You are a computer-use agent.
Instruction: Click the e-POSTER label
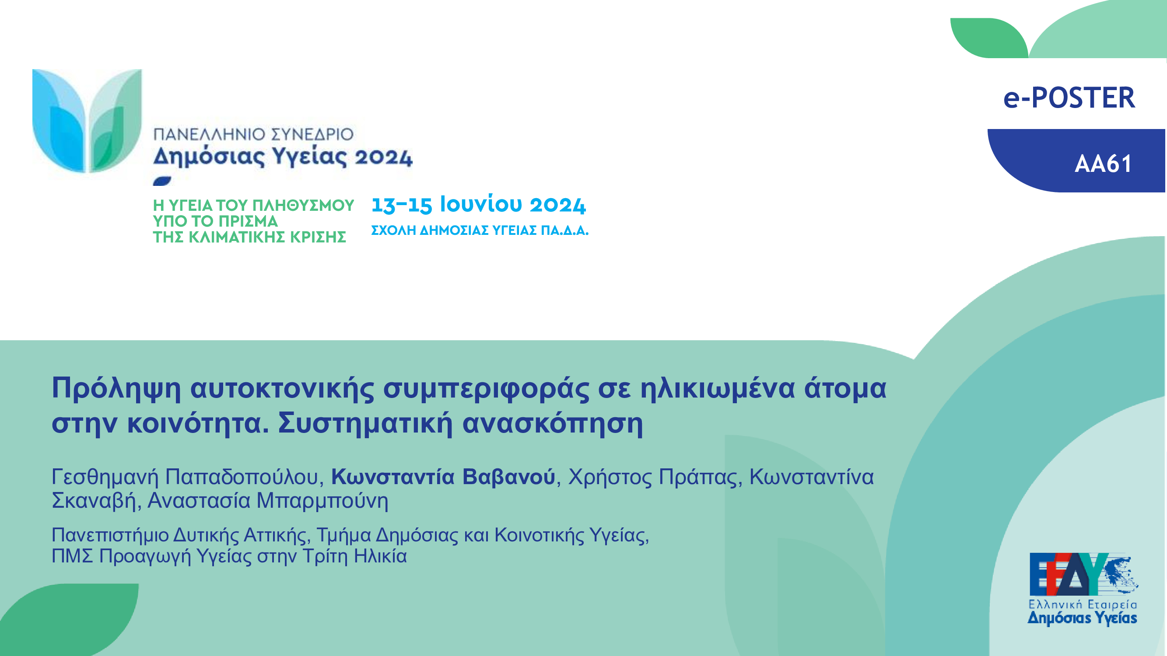pos(1069,98)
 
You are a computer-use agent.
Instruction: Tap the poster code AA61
pos(1103,164)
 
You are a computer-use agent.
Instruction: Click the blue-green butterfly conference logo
pos(87,121)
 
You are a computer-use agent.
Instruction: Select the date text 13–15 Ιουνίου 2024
pos(478,205)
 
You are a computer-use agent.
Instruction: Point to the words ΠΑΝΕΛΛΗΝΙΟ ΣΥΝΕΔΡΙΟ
pos(253,134)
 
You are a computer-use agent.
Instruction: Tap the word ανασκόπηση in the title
pos(553,424)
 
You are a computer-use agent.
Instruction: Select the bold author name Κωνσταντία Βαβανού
pos(443,477)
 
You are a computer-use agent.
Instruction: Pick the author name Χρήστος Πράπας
pos(655,477)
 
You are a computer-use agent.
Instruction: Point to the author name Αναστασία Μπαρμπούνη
pos(268,501)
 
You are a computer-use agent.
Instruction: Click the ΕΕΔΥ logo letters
pos(1069,574)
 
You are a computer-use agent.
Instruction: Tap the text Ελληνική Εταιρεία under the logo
pos(1082,604)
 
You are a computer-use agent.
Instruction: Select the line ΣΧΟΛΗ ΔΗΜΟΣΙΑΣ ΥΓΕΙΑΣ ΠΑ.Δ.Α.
pos(480,230)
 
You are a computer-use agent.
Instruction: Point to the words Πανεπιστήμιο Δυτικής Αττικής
pos(181,536)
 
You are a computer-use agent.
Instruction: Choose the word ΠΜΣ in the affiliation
pos(73,556)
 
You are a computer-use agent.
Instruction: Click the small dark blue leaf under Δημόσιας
pos(162,181)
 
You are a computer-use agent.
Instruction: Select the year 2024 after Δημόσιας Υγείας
pos(383,157)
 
